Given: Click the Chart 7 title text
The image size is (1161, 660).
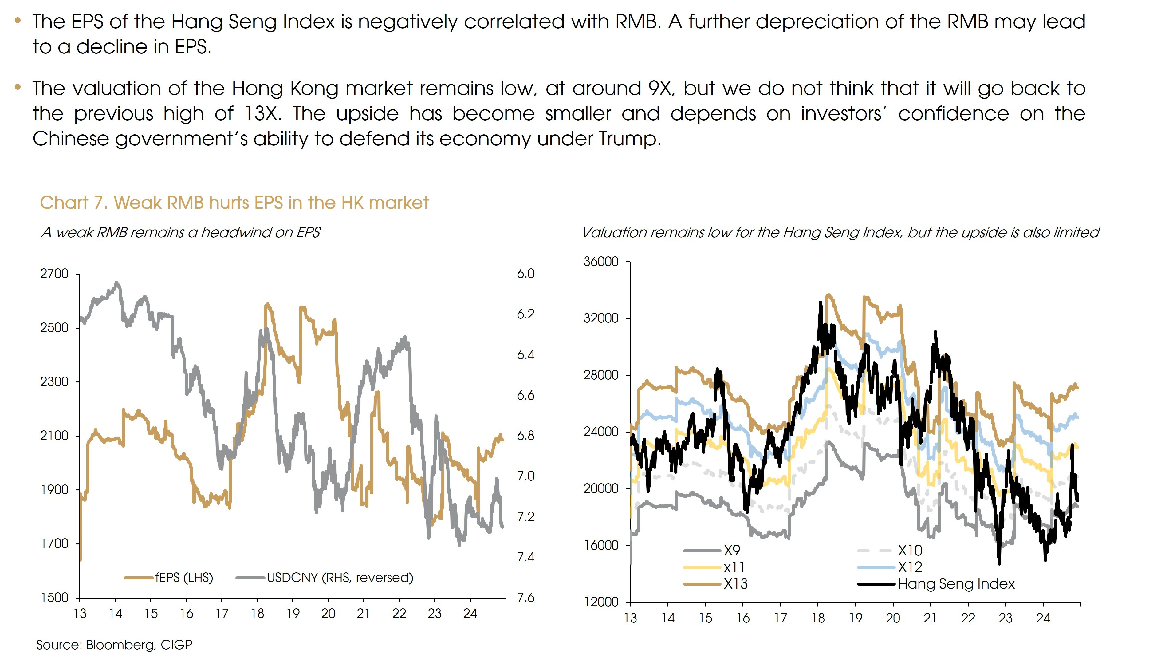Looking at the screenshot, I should pos(234,203).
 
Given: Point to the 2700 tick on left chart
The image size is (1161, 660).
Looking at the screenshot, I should pos(54,274).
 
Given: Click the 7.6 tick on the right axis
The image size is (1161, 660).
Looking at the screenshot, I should pos(526,598).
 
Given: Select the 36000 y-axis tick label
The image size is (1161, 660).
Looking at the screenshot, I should pos(601,262).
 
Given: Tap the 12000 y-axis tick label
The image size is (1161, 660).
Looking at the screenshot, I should pos(601,602).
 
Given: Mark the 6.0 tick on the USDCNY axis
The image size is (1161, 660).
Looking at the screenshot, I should pos(526,274).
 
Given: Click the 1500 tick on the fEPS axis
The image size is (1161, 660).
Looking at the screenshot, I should pos(54,598).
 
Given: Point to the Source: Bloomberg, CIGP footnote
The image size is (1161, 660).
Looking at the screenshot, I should pos(114,645).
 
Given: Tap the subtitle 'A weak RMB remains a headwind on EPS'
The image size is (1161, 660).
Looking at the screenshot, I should pos(180,232).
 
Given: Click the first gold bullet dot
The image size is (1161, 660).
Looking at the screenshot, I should pos(18,20).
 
